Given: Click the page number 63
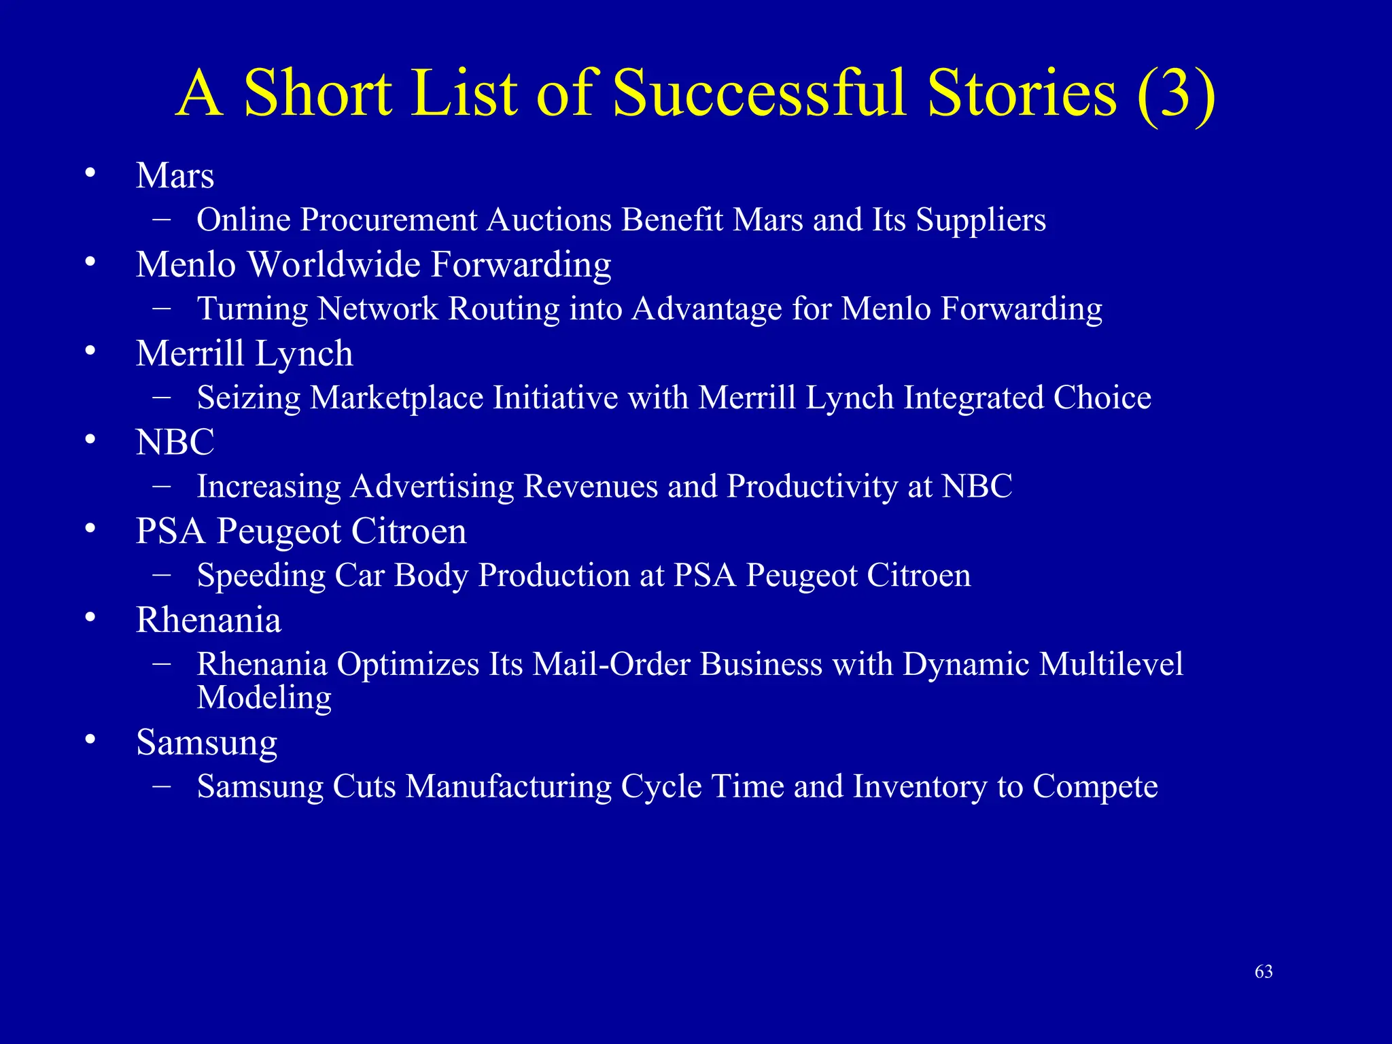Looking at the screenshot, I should pos(1264,972).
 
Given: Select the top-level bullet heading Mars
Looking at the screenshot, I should pos(175,176).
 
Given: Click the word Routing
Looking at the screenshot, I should pos(504,309).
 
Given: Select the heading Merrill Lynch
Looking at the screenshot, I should pos(244,353).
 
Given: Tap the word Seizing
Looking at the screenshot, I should pos(248,398).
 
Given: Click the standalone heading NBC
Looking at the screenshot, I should pos(175,442).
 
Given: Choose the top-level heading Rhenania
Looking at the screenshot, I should pos(208,620).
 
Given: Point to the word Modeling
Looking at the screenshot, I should pos(264,698).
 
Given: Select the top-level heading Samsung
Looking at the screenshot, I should pos(207,742).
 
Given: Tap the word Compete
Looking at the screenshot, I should pos(1095,786).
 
